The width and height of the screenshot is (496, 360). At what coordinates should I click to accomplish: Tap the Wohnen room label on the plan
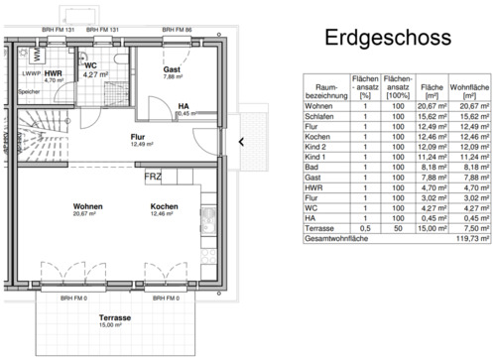[87, 207]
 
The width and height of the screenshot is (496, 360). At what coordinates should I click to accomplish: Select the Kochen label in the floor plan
[164, 207]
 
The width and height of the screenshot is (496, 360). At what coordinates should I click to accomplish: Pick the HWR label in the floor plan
[54, 74]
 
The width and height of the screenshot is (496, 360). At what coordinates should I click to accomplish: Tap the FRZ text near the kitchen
[153, 177]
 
